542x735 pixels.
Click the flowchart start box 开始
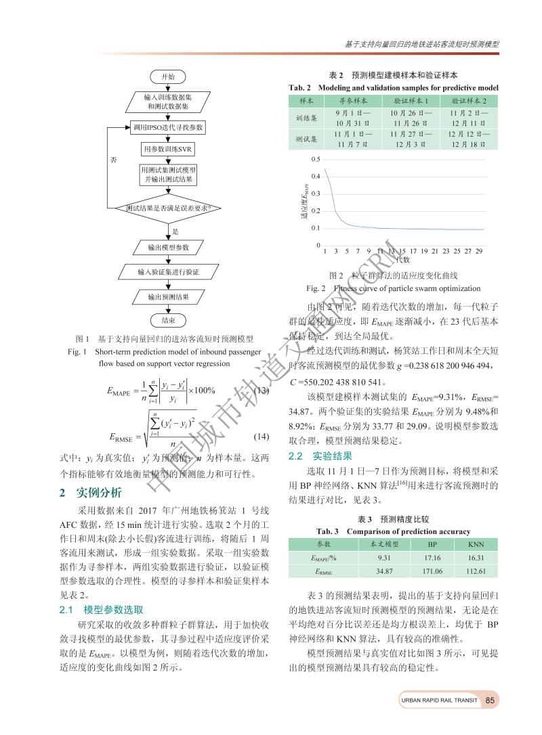pos(168,76)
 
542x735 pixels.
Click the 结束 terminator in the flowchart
pos(168,319)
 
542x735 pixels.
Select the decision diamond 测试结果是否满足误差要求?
pos(168,208)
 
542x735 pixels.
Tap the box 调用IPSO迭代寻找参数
pos(169,127)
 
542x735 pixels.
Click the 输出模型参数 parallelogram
pos(168,247)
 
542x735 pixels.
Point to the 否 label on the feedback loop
pos(114,160)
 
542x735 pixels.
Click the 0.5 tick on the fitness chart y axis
pos(316,159)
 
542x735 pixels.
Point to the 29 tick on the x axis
pos(480,251)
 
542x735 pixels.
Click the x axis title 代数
pos(402,259)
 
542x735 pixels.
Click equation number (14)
pos(262,438)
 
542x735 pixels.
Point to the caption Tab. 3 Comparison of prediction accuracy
pos(394,531)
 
